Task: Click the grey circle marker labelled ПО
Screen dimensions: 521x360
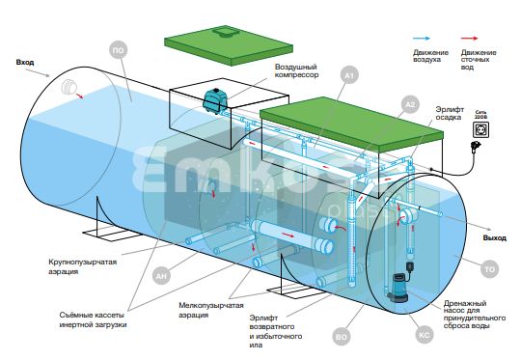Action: pos(119,50)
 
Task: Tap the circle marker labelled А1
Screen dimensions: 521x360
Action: pos(349,76)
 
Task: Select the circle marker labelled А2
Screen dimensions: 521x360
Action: pos(411,104)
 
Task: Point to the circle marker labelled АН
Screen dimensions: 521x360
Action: pos(161,276)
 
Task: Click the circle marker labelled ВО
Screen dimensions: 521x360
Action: pos(342,337)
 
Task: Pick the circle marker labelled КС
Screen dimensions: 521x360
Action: pos(425,335)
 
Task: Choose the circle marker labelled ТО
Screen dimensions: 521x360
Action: pos(489,269)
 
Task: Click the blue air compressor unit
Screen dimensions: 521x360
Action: pos(215,100)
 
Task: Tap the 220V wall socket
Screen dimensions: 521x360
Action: pos(480,130)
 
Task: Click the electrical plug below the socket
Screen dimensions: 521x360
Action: pos(476,147)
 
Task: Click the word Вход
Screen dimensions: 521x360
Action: pos(25,63)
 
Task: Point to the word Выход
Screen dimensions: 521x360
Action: pos(495,238)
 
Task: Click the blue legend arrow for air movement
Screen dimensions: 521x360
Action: pos(422,39)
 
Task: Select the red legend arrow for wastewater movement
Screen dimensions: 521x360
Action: pos(469,39)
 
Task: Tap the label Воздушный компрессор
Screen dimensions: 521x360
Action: pos(296,71)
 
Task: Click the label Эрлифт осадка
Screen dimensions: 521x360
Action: pos(450,113)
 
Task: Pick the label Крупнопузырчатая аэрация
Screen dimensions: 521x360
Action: pos(83,266)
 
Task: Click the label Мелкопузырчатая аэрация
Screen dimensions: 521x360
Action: pos(211,310)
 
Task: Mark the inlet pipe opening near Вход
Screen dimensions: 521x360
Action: pos(69,88)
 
